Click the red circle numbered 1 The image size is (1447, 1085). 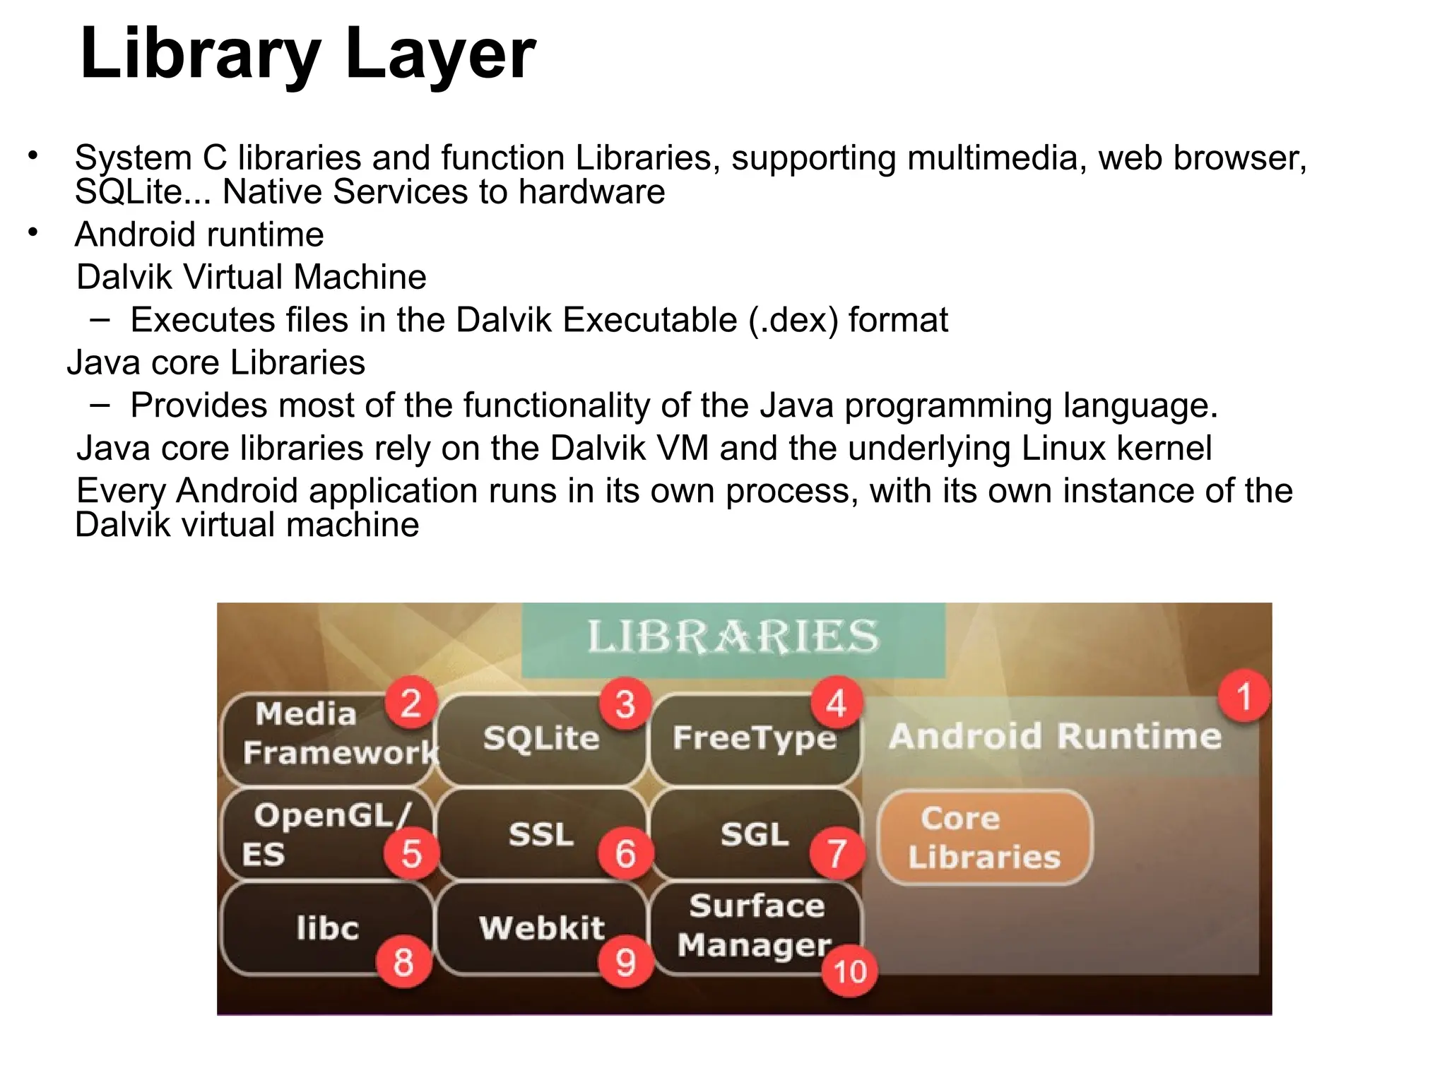pos(1244,696)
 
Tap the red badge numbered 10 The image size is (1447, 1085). pos(850,971)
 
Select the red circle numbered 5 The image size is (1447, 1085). pos(411,853)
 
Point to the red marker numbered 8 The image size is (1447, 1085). pos(403,961)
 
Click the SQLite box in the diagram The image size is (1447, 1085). pos(541,739)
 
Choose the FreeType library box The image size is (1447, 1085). pos(753,739)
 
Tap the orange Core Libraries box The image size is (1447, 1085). pos(984,837)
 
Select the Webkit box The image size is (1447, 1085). pos(541,928)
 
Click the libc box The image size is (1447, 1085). pos(327,928)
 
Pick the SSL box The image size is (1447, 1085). pos(541,834)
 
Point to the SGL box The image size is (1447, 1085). pos(755,834)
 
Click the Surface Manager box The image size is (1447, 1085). pos(755,925)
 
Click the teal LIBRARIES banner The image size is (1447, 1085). pos(733,637)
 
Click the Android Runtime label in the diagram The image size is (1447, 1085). pos(1055,736)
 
